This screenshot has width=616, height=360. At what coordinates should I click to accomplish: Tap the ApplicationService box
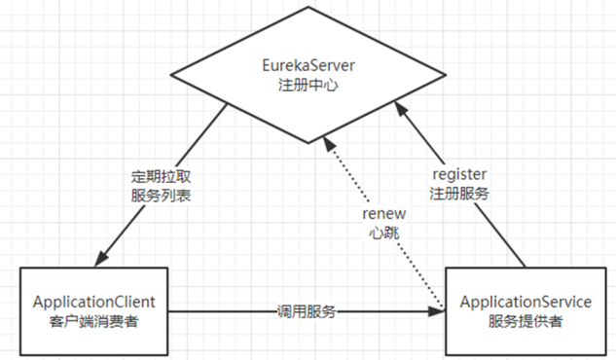pyautogui.click(x=525, y=310)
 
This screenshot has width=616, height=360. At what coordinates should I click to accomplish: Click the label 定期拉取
pyautogui.click(x=163, y=177)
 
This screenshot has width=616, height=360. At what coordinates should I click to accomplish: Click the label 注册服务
pyautogui.click(x=458, y=193)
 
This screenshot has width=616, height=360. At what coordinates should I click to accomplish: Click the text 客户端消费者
pyautogui.click(x=94, y=320)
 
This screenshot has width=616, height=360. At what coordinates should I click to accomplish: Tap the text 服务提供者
pyautogui.click(x=525, y=320)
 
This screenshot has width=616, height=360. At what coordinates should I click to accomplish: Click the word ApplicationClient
pyautogui.click(x=94, y=301)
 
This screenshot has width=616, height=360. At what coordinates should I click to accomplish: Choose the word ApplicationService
pyautogui.click(x=525, y=301)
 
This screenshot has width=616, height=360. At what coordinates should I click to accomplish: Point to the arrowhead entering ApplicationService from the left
pyautogui.click(x=438, y=311)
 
